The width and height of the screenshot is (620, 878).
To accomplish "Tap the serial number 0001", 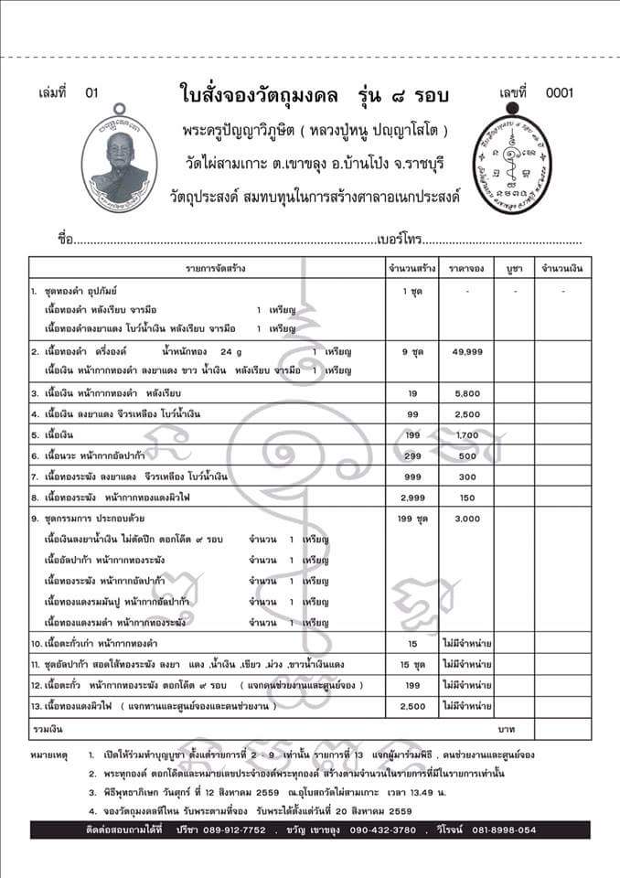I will coord(559,92).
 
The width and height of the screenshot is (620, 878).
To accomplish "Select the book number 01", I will coord(90,92).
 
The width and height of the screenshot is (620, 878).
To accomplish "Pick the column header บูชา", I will coord(513,269).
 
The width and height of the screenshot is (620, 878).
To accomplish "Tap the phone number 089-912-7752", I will coord(235,830).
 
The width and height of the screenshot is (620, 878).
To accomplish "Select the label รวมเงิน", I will coord(46,729).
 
